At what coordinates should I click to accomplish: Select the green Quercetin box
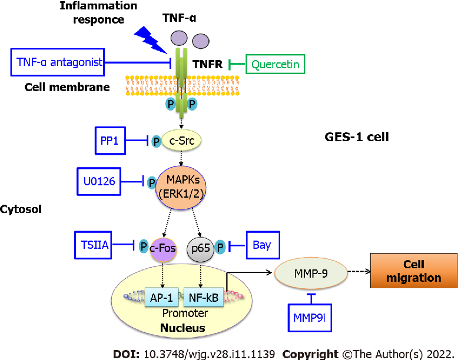click(276, 64)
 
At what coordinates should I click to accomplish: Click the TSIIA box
click(92, 244)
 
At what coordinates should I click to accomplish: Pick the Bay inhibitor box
click(262, 244)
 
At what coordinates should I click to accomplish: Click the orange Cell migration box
click(413, 272)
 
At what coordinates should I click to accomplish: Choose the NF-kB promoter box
click(201, 298)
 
